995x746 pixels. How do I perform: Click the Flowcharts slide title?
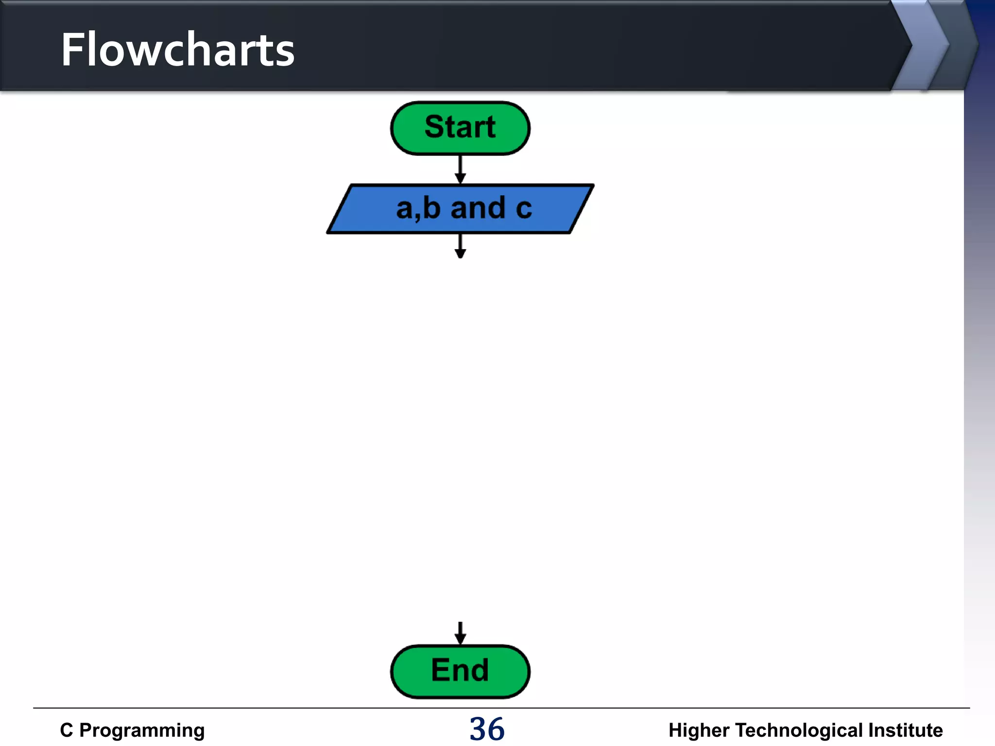click(x=177, y=50)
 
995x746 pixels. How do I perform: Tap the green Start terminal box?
click(x=460, y=128)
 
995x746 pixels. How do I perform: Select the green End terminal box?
click(x=460, y=671)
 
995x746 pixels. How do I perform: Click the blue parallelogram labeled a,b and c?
click(x=460, y=209)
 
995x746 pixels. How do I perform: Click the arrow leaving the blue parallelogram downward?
click(x=460, y=246)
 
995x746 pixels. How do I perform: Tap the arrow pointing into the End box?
click(x=460, y=633)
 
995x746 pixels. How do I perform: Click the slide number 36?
click(x=487, y=729)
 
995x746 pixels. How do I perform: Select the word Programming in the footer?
click(x=142, y=730)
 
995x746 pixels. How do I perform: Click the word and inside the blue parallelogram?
click(x=478, y=208)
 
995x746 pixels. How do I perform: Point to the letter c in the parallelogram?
click(x=524, y=209)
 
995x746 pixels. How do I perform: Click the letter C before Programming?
click(x=67, y=730)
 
